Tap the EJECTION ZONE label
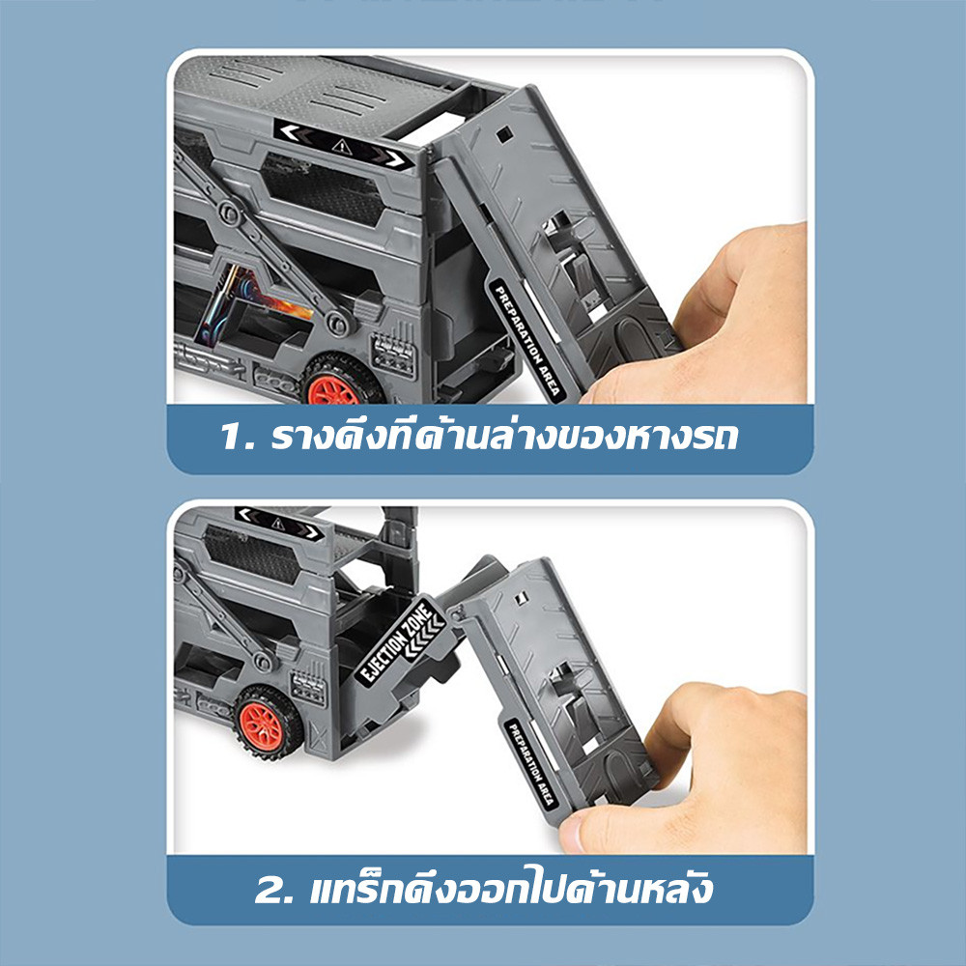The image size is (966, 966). coord(401,640)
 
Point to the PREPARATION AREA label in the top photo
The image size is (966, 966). coord(527,340)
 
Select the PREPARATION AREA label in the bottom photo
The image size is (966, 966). coord(532,764)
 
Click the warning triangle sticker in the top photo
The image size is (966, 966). coord(342,146)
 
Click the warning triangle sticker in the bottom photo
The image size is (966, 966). coord(278,524)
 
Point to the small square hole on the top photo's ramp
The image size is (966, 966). coord(504,133)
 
